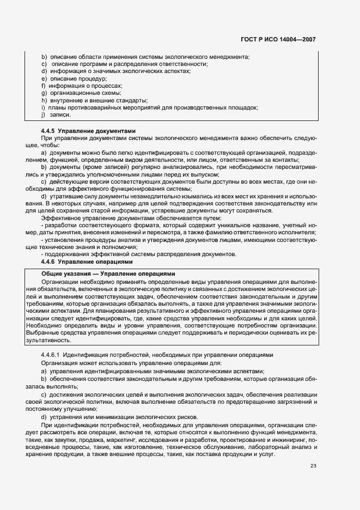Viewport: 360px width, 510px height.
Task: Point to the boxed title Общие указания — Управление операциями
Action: (x=109, y=274)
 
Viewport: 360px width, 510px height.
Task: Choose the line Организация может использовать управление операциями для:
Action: (x=127, y=363)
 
